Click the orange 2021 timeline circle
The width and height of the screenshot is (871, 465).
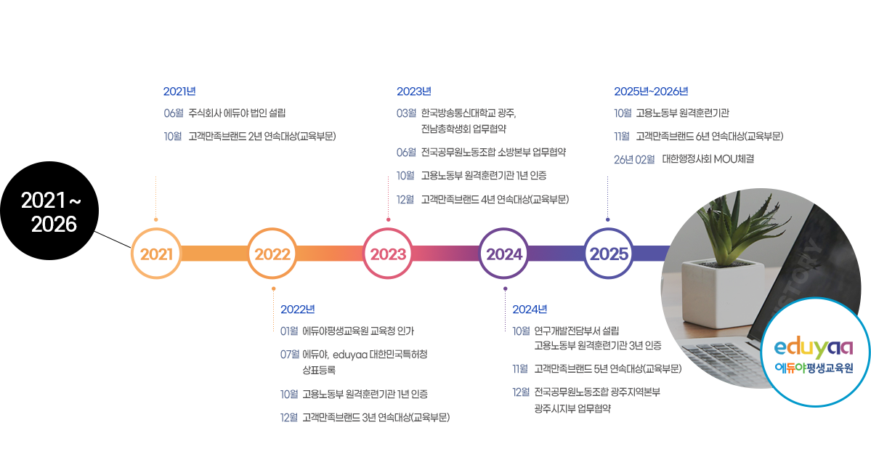[156, 254]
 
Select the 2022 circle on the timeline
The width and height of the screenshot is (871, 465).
[272, 254]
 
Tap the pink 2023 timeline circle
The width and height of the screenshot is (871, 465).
[389, 254]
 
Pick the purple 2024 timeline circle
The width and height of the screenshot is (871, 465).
[504, 254]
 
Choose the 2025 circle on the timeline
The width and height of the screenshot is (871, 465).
[609, 254]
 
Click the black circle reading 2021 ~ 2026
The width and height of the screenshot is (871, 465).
[49, 211]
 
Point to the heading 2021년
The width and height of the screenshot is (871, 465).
[179, 91]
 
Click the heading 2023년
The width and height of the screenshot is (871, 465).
[414, 91]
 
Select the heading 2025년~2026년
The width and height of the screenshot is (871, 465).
[651, 91]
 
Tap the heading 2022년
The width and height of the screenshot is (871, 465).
[298, 309]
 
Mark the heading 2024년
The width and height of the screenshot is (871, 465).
[530, 309]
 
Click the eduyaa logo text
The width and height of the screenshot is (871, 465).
[814, 347]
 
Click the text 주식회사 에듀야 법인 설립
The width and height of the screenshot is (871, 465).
[238, 113]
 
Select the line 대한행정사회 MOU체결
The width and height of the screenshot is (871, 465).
[708, 159]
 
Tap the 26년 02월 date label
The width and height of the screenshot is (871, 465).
[634, 159]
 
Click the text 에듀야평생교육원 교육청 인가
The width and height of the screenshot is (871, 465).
[358, 331]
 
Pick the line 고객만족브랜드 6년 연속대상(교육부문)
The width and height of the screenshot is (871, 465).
[709, 136]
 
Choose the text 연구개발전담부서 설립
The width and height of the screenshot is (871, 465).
[577, 331]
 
